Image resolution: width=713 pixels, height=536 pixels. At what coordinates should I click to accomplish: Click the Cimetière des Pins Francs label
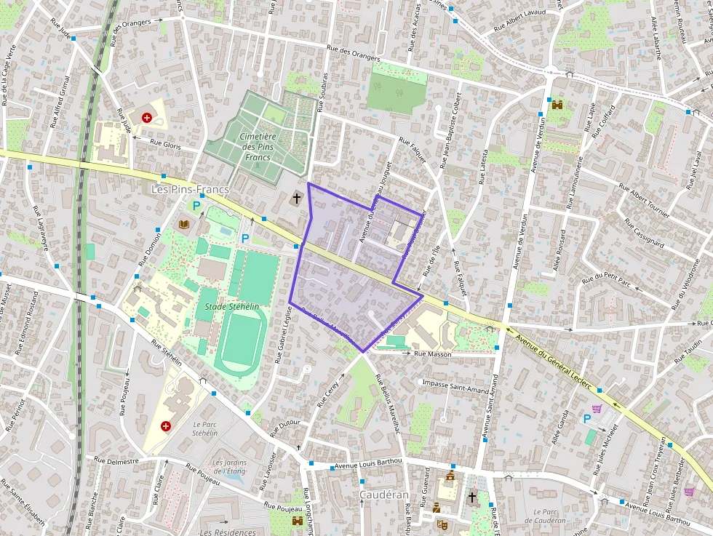pos(258,146)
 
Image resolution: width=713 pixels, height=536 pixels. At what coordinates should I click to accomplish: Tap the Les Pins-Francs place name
pos(189,189)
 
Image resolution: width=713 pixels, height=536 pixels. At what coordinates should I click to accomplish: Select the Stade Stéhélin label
pos(232,307)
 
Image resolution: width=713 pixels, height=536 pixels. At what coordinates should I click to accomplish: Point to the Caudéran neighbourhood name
pos(383,495)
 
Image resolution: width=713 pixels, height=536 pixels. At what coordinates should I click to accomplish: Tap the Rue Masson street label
pos(432,354)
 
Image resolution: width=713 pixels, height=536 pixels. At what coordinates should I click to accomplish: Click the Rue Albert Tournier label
pos(643,201)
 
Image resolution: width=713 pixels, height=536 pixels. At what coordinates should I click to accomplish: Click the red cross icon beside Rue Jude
pos(147,116)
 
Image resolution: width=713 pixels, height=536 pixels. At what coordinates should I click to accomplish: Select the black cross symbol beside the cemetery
pos(297,197)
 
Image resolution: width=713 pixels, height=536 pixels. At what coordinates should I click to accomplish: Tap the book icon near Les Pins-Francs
pos(183,223)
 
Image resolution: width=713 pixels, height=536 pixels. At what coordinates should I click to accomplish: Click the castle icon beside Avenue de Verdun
pos(558,104)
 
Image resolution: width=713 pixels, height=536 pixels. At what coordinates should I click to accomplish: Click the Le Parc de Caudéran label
pos(549,516)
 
